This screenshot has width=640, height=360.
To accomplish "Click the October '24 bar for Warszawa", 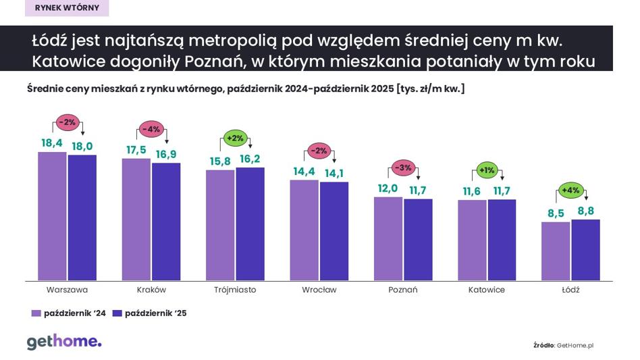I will click(52, 216).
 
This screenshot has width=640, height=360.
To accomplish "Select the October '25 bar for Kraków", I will click(166, 222).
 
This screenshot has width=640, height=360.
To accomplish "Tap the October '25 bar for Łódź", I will click(585, 250).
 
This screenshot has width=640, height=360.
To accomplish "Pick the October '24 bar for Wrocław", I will click(304, 230).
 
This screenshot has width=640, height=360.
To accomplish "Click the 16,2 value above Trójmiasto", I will click(250, 160).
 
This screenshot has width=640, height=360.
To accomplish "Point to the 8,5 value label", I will click(555, 213).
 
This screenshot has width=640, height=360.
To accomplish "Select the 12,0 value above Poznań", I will click(388, 188).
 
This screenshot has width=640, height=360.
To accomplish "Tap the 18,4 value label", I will click(52, 143).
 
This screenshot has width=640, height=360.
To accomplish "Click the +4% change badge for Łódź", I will click(570, 190).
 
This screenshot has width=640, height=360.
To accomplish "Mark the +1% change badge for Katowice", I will click(486, 169).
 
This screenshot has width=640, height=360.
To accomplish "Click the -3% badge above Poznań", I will click(402, 168).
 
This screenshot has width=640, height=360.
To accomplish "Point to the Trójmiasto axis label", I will click(234, 290).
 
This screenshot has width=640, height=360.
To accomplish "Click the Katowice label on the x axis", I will click(486, 290).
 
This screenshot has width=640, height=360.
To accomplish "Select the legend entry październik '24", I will click(70, 313).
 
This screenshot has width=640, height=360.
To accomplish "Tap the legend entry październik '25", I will click(150, 313).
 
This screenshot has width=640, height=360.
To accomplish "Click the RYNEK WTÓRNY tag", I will click(66, 8).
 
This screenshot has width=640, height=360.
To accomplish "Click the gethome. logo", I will click(64, 342).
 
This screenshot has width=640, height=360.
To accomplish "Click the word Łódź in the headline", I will click(49, 40).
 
